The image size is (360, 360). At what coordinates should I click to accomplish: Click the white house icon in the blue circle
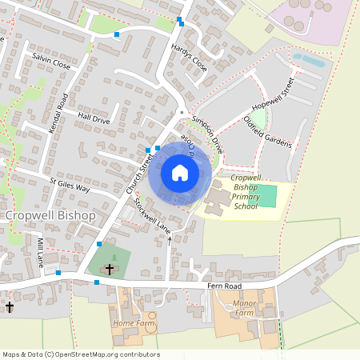coord(180,173)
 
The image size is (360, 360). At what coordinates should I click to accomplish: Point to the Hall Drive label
coord(94,117)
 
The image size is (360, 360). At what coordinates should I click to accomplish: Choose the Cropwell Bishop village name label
coord(50,216)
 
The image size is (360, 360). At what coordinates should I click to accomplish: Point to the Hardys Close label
coord(189,58)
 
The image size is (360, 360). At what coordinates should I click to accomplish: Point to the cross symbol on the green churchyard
coord(110,270)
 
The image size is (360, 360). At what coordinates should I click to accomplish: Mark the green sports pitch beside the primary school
coord(266,194)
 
